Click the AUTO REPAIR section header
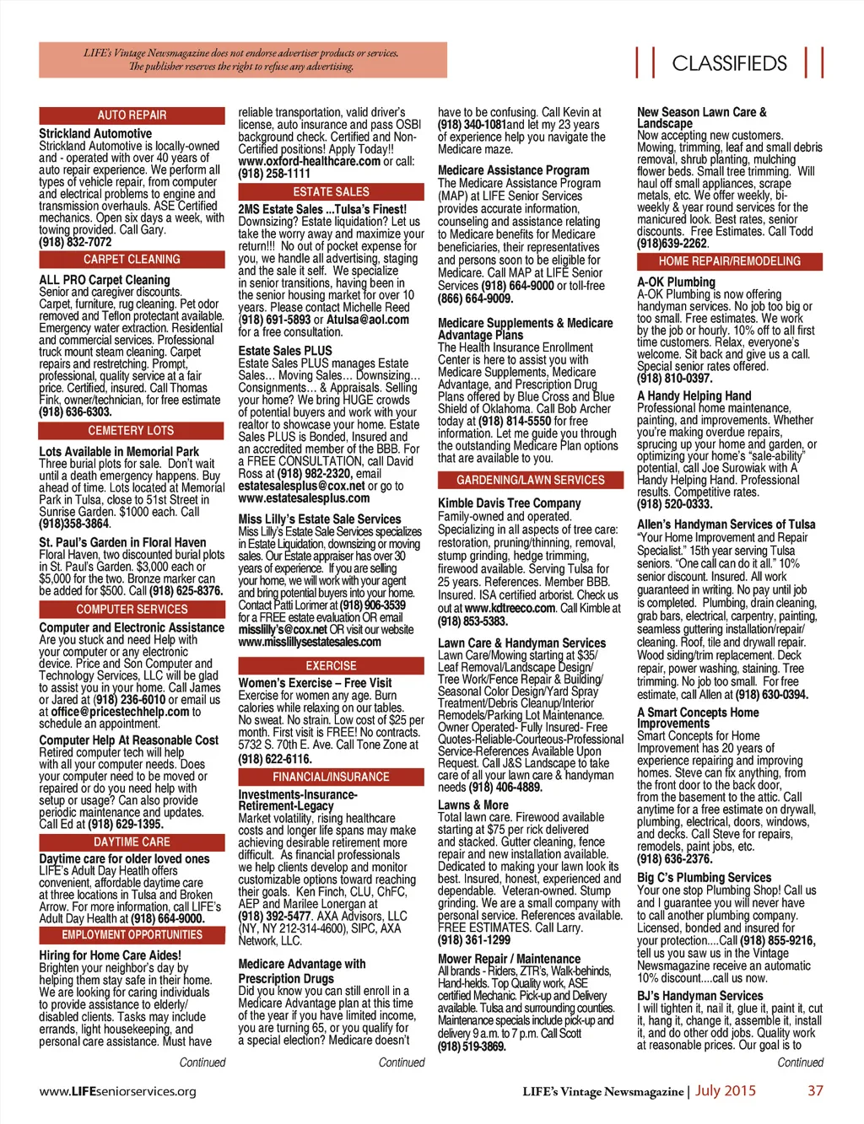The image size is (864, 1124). (132, 116)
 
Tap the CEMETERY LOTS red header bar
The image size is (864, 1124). (132, 431)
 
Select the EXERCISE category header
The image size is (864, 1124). (331, 666)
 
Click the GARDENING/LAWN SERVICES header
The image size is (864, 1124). (530, 481)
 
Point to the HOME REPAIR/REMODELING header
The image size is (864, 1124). (729, 262)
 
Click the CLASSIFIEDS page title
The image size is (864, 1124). (729, 64)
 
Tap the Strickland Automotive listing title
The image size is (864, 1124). (95, 133)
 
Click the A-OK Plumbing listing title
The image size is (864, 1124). (676, 282)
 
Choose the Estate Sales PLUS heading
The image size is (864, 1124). (285, 351)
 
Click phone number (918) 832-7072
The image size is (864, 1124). (75, 242)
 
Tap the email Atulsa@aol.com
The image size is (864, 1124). (368, 320)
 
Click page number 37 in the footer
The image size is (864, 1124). (815, 1091)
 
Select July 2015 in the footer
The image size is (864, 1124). (726, 1091)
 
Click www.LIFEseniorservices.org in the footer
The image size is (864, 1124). (117, 1091)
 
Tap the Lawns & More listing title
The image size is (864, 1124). (473, 805)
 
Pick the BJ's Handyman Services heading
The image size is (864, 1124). (699, 996)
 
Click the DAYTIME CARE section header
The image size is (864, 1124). (132, 842)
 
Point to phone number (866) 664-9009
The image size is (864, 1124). (475, 298)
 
